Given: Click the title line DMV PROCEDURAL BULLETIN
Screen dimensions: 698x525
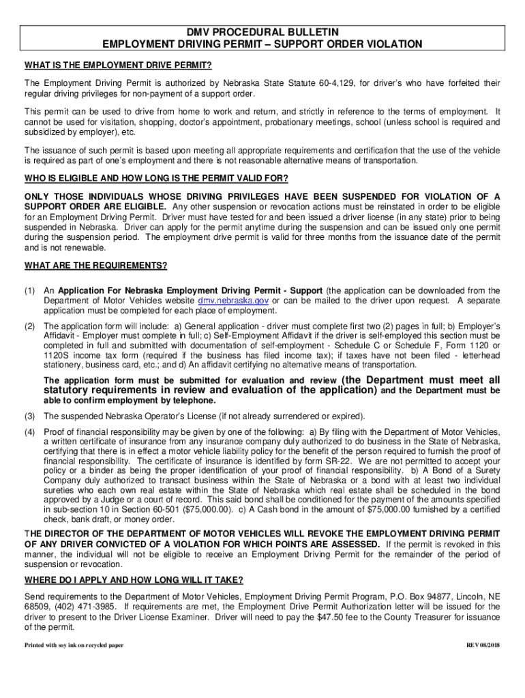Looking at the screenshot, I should pos(262,32).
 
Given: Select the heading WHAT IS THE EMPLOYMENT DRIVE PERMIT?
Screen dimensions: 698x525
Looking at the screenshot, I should pos(118,65).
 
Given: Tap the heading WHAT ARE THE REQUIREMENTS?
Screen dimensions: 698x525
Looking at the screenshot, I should pos(95,265).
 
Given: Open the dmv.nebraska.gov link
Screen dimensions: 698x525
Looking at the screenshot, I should pos(232,301).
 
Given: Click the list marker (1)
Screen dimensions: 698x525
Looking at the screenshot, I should pos(30,291).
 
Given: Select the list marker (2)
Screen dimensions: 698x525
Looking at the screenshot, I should pos(30,327).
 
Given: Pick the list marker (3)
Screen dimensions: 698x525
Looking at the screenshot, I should pos(30,416).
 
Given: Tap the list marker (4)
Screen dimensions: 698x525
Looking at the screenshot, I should pos(30,432).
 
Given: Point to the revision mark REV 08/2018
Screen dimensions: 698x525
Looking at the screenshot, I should pos(483,645).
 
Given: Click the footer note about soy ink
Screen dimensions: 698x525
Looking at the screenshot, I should pos(74,645).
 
